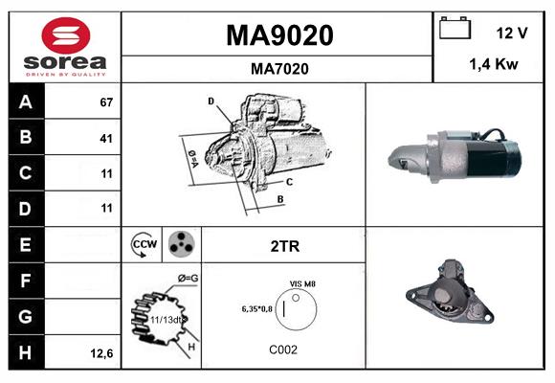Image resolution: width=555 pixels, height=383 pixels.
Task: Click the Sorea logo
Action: pos(64,47)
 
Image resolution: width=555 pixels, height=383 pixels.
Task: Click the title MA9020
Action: pos(278,35)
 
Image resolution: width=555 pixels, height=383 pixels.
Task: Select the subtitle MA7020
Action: pos(278,68)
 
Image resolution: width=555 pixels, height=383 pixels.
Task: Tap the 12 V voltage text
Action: pos(512,33)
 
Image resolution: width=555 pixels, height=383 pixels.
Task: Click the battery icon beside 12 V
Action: pos(454,30)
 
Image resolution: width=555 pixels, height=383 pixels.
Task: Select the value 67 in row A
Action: pos(106,102)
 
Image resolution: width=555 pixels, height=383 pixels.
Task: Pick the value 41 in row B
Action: pos(106,138)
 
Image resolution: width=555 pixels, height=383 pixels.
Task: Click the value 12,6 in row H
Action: pos(103,353)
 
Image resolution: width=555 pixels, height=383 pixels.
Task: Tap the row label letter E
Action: pos(25,245)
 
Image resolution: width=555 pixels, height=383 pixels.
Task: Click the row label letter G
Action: pos(25,316)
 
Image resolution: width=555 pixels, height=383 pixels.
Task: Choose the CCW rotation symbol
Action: pos(144,245)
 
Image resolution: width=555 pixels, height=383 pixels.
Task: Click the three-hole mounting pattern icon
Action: pos(180,245)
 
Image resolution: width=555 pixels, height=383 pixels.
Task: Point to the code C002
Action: pos(283,349)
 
